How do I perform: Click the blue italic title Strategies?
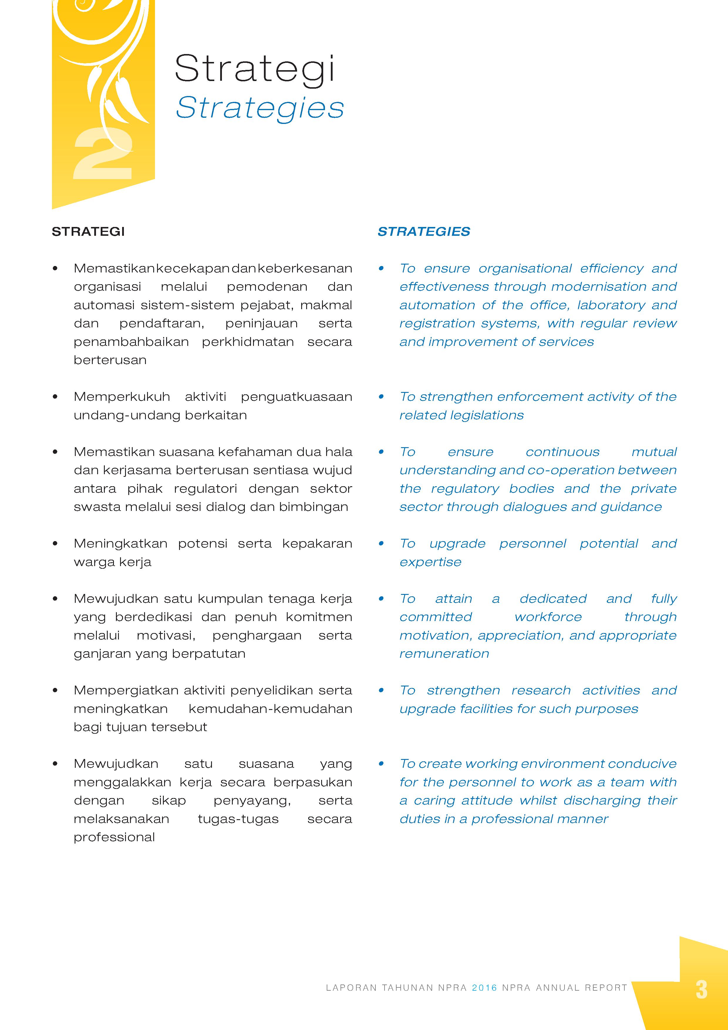tap(260, 108)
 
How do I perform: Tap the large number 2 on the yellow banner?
tap(103, 154)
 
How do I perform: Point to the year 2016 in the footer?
tap(484, 988)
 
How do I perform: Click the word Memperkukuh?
tap(122, 397)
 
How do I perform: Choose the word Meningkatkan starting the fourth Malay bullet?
tap(120, 544)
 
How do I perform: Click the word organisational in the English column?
tap(525, 268)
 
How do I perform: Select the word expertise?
tap(430, 562)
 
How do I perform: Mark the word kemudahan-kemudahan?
tap(270, 709)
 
